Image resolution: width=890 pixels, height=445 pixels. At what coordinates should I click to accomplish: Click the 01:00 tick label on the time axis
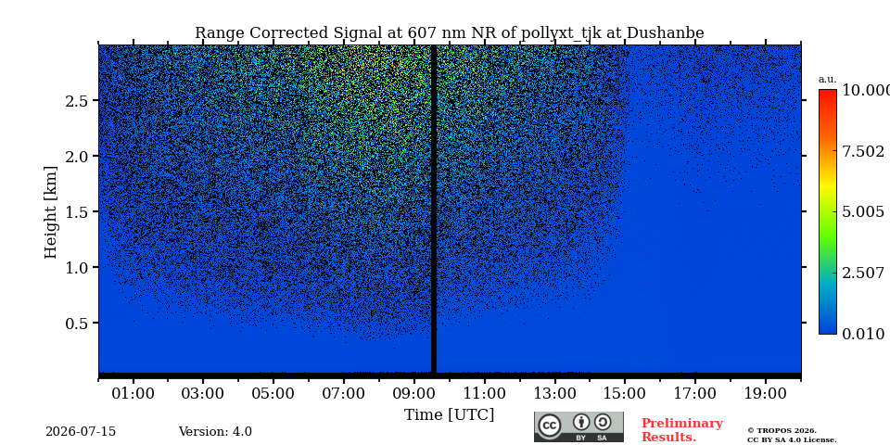133,393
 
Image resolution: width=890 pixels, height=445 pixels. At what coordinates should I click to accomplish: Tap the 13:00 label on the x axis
554,393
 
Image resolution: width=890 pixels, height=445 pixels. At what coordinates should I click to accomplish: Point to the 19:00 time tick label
765,393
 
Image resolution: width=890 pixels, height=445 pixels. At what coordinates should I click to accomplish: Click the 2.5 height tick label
78,100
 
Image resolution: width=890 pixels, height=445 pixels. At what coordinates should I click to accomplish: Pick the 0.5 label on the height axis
78,323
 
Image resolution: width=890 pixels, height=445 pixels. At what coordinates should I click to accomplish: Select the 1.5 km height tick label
78,211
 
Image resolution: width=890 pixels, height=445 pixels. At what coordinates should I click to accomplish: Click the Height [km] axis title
51,212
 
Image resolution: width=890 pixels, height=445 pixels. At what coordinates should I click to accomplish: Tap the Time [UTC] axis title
449,415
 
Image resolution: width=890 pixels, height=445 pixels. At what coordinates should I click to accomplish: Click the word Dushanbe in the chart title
665,33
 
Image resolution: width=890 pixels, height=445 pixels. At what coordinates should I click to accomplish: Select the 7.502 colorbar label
863,151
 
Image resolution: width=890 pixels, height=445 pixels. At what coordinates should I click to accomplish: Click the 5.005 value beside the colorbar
863,212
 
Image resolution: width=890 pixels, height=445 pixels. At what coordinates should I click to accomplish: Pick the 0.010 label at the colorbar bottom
863,335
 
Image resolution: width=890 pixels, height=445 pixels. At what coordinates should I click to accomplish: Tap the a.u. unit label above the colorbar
828,80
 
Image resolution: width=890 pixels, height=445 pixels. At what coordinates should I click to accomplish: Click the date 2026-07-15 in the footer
81,432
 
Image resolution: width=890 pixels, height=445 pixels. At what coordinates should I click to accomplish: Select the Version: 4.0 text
215,432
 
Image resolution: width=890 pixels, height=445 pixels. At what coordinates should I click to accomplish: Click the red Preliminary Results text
682,430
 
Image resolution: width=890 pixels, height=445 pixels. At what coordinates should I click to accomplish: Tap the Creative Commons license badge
578,426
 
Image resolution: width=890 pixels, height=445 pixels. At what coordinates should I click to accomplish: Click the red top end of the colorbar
828,91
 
